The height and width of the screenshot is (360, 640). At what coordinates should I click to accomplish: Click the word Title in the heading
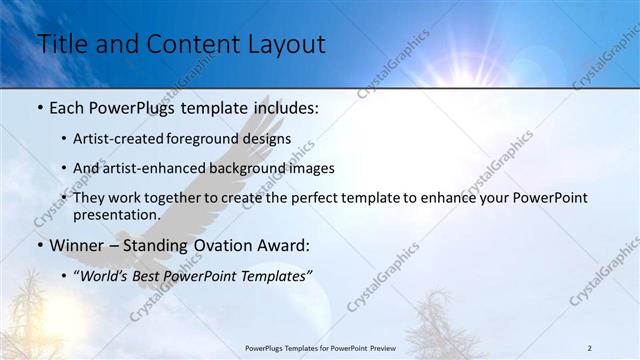tap(63, 45)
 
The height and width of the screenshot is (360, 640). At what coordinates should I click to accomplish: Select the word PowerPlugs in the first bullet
tap(126, 108)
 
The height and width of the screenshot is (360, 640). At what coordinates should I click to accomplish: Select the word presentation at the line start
tap(115, 215)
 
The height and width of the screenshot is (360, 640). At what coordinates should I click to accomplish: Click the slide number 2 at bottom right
tap(590, 347)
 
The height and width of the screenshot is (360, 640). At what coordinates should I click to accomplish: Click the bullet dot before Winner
tap(39, 246)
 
